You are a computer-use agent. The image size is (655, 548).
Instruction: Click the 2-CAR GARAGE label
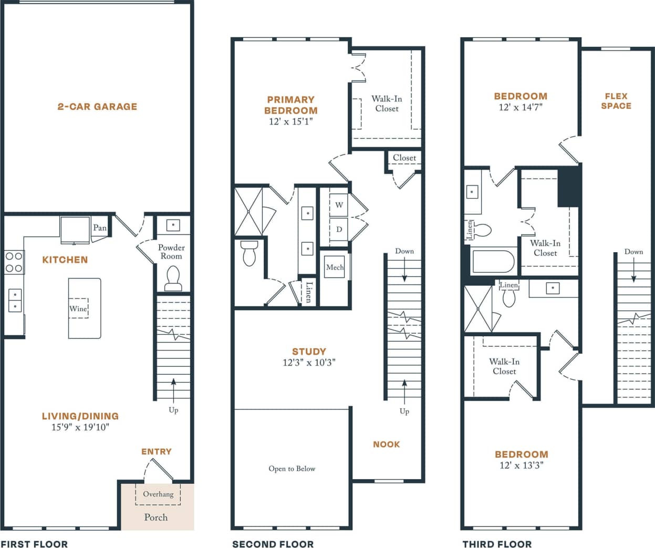point(97,107)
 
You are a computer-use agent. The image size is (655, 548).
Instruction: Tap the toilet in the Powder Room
point(173,277)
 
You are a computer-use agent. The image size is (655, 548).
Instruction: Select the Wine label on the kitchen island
point(78,308)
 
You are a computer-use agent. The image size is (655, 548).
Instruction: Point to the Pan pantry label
point(100,228)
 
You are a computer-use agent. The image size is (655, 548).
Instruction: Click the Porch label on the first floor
point(156,518)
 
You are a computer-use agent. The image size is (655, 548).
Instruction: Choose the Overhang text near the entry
point(158,494)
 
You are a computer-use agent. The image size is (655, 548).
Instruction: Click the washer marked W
point(339,205)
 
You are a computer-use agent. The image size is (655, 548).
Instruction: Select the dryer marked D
point(339,229)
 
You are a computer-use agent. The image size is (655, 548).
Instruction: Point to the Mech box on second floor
point(335,267)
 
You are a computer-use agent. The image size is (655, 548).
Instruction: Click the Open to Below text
point(292,469)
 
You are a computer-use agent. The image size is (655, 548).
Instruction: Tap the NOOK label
point(387,444)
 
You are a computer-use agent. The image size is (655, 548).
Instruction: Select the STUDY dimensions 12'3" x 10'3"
point(309,363)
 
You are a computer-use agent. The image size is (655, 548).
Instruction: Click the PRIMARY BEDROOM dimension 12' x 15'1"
point(290,121)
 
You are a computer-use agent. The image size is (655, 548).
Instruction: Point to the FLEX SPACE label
point(616,101)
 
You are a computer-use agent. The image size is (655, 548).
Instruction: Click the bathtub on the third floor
point(493,262)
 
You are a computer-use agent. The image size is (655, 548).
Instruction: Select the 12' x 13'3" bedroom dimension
point(521,466)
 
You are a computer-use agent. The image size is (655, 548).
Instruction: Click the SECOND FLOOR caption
point(273,544)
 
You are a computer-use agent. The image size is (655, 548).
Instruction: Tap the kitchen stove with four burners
point(14,262)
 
